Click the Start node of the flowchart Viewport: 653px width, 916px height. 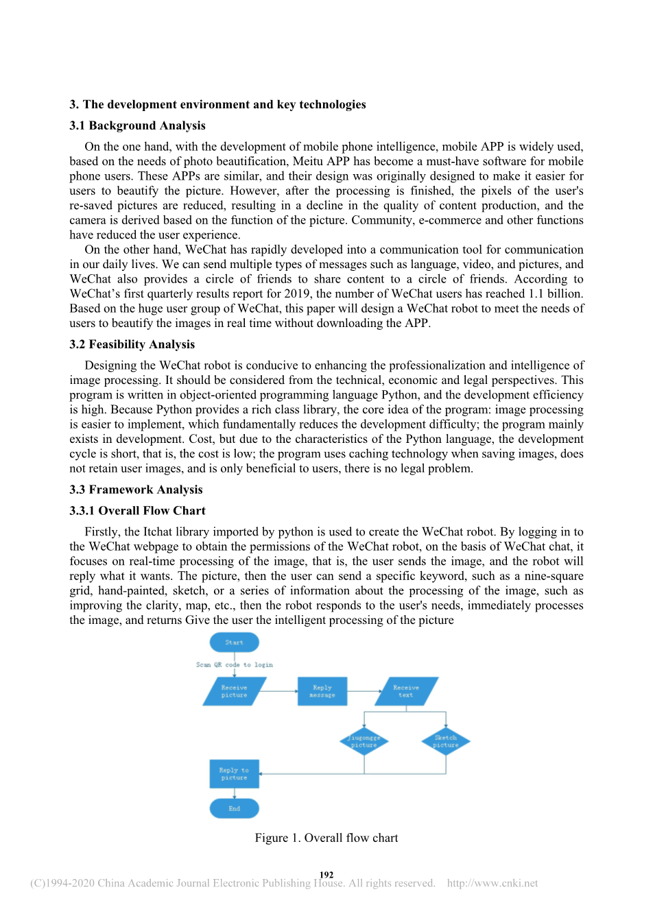(234, 642)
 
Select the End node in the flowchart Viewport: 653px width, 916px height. (234, 808)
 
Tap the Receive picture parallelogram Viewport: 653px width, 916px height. (234, 691)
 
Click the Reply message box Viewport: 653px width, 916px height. (322, 691)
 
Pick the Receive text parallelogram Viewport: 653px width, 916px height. (405, 691)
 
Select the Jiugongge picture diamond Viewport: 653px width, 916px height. (364, 741)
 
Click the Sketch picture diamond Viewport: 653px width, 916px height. (446, 741)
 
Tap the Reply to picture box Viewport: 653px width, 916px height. (234, 774)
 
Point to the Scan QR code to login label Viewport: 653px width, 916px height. (234, 664)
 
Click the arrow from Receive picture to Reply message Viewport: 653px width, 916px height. (281, 691)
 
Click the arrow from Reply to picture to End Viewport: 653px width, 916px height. (235, 793)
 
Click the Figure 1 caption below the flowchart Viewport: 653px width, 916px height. (326, 838)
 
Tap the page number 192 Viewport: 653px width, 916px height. (326, 874)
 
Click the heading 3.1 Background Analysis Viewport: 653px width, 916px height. (137, 125)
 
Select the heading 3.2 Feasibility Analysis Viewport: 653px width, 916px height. (132, 344)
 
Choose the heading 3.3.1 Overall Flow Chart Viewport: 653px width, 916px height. (137, 511)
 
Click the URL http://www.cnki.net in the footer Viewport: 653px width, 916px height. (492, 883)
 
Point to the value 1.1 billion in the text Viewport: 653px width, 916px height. (555, 293)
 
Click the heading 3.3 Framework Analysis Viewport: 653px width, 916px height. (136, 490)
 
